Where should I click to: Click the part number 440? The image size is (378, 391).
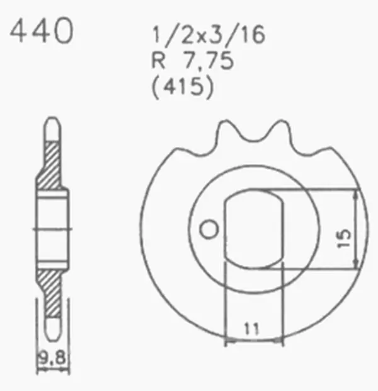pyautogui.click(x=42, y=31)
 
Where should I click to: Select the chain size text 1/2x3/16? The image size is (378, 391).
pyautogui.click(x=209, y=35)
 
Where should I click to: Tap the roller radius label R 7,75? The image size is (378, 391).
pyautogui.click(x=193, y=61)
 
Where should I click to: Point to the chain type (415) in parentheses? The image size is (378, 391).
pyautogui.click(x=183, y=87)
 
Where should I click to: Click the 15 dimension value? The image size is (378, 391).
pyautogui.click(x=344, y=238)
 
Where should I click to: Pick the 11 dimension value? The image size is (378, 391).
pyautogui.click(x=251, y=329)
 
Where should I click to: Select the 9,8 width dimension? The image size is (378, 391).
pyautogui.click(x=52, y=358)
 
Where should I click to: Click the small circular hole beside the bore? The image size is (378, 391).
pyautogui.click(x=209, y=229)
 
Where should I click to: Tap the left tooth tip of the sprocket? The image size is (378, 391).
pyautogui.click(x=226, y=122)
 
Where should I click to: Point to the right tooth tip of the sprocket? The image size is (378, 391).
pyautogui.click(x=281, y=122)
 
